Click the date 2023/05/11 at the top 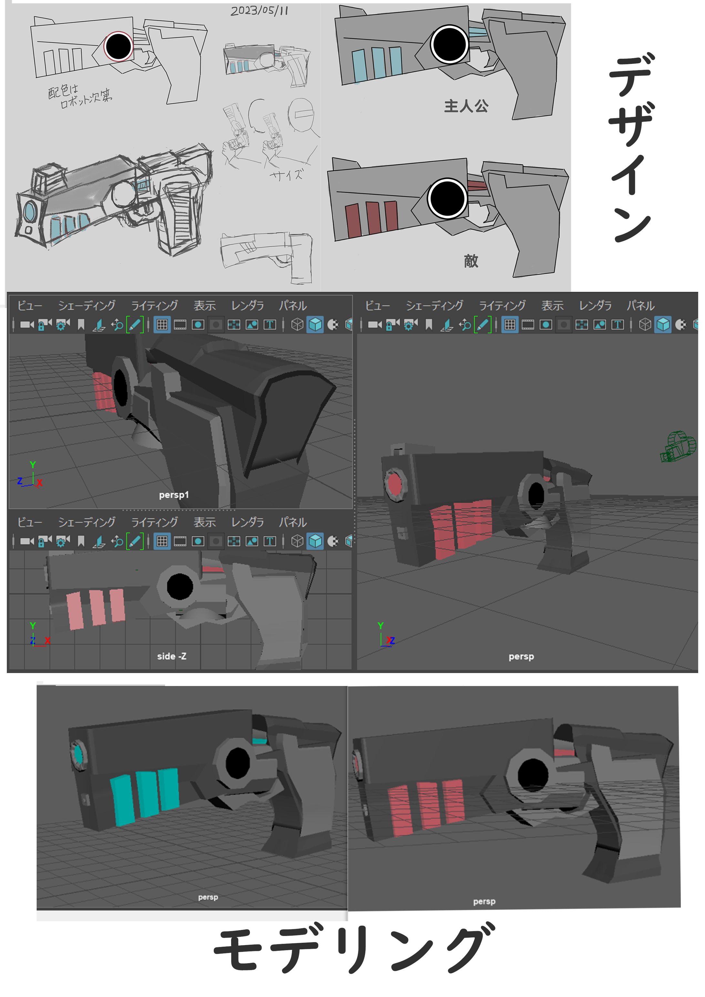pyautogui.click(x=259, y=10)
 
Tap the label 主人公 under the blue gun pyautogui.click(x=466, y=106)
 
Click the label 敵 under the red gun pyautogui.click(x=471, y=261)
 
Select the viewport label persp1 pyautogui.click(x=174, y=494)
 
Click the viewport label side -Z pyautogui.click(x=172, y=656)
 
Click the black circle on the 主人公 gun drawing pyautogui.click(x=450, y=44)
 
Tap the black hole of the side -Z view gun pyautogui.click(x=180, y=586)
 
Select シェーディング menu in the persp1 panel pyautogui.click(x=87, y=306)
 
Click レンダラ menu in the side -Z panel pyautogui.click(x=248, y=522)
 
